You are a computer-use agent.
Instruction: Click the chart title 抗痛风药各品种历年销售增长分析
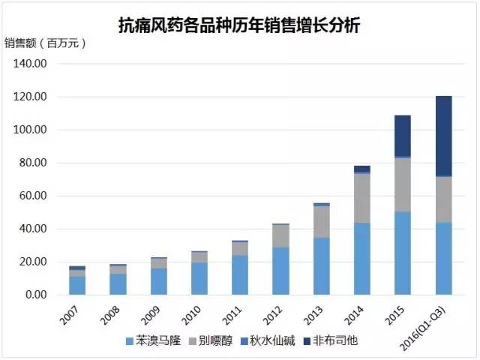coord(239,25)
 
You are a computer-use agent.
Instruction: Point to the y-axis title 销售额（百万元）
coord(46,43)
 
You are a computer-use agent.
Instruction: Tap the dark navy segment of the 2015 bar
coord(403,136)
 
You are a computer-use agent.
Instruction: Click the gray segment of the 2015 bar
coord(403,184)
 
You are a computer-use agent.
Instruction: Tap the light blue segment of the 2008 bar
coord(118,284)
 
